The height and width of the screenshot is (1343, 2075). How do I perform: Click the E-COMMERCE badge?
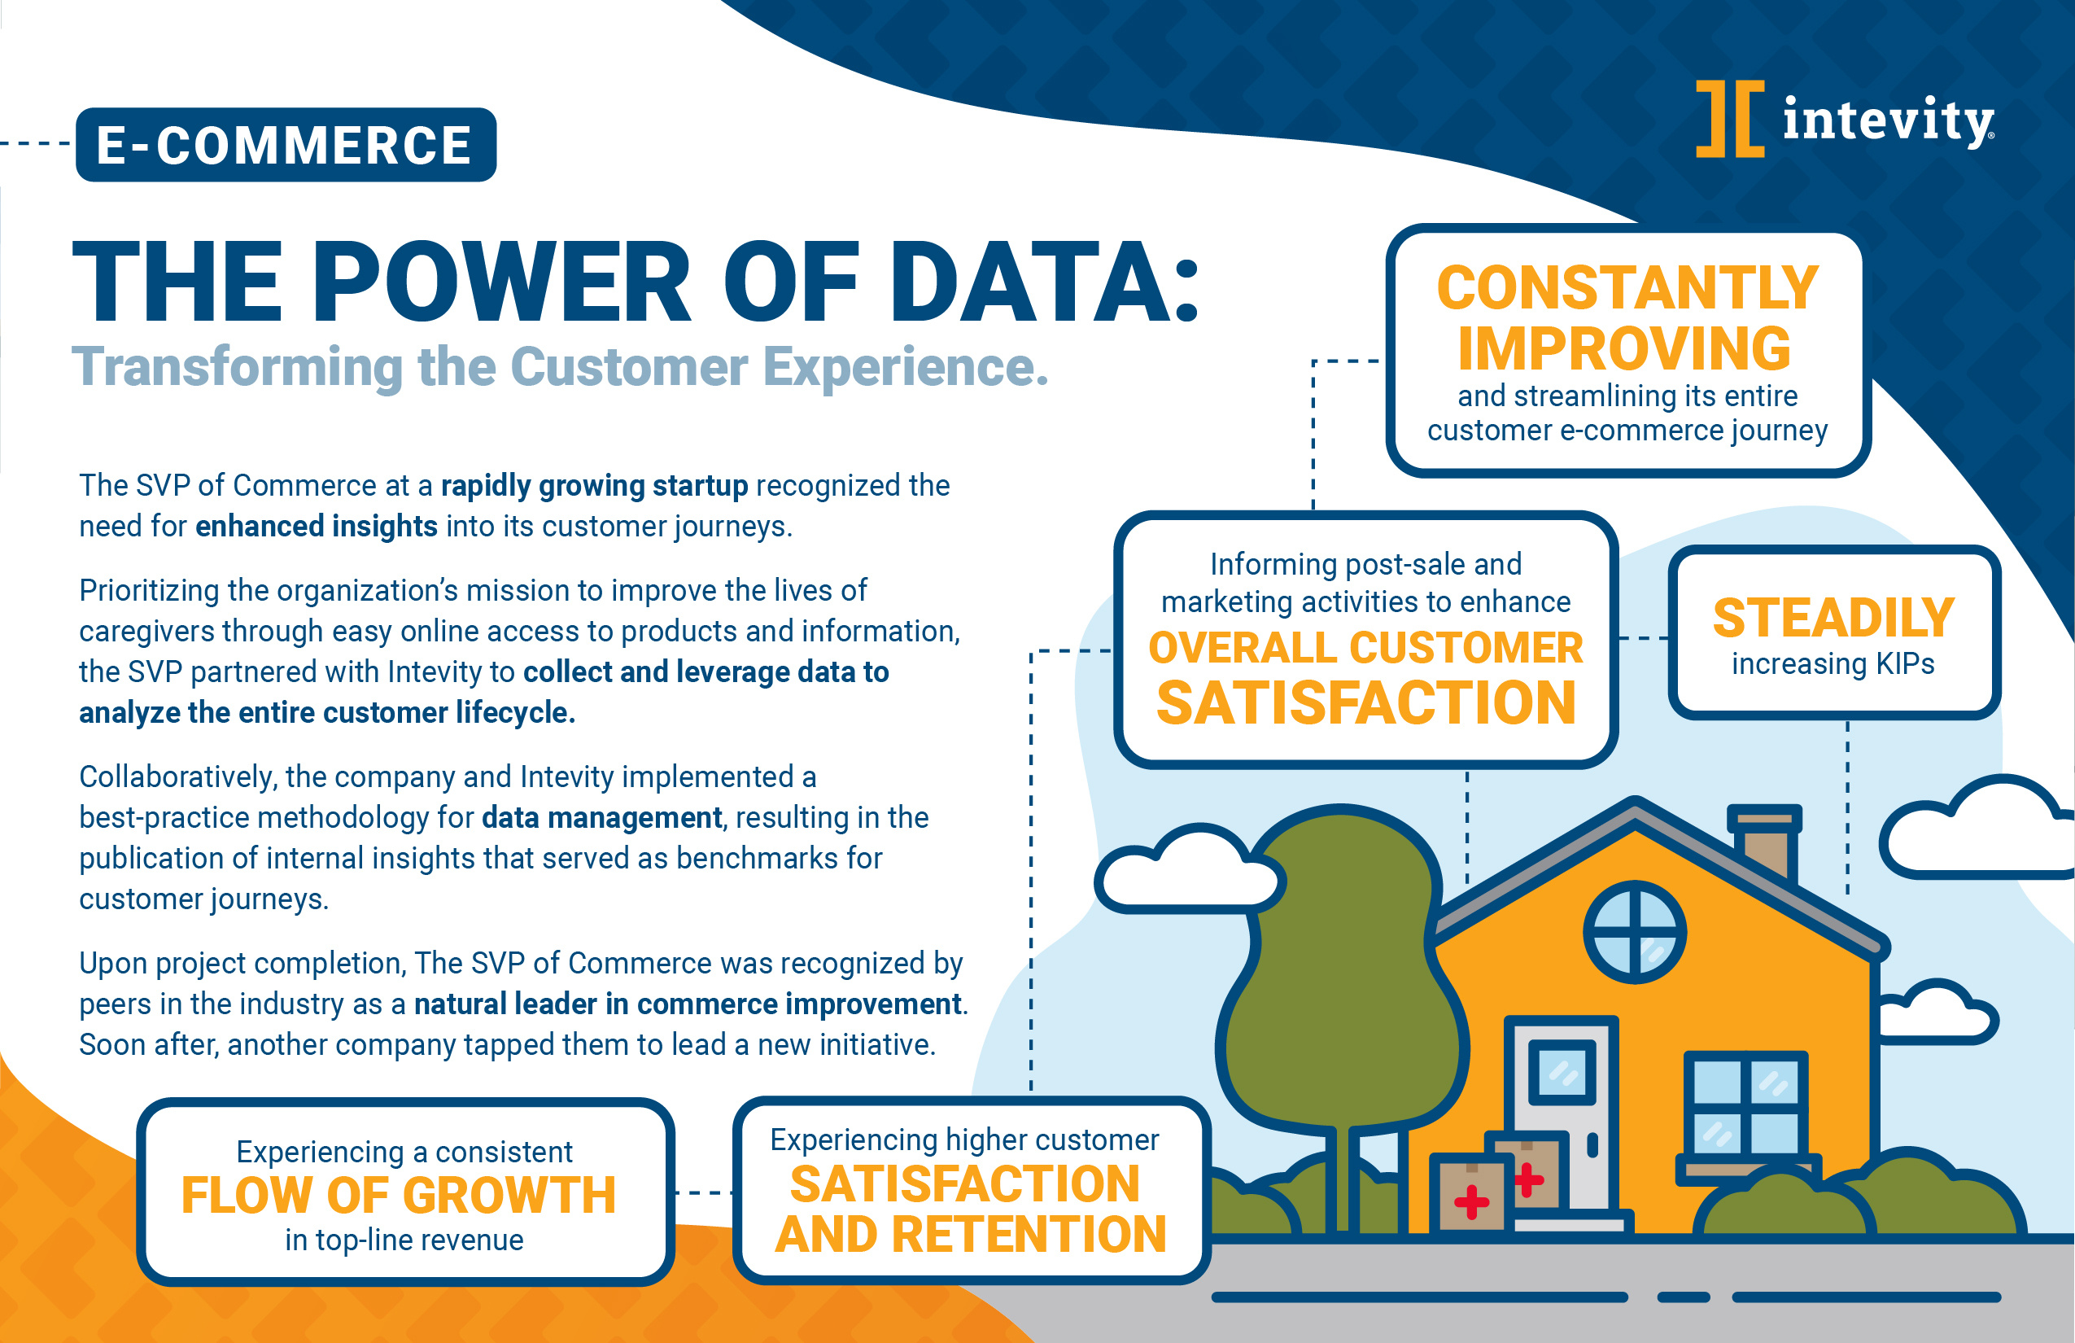[286, 145]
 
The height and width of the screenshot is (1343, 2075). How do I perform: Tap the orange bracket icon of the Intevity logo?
[1730, 119]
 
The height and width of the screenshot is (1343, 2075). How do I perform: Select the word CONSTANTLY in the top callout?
[1627, 288]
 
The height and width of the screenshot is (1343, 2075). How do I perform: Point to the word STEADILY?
[1833, 618]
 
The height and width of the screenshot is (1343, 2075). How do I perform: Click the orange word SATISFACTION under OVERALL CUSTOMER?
[1365, 703]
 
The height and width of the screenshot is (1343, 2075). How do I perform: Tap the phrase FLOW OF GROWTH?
[399, 1195]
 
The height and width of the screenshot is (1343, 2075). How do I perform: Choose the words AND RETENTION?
[970, 1234]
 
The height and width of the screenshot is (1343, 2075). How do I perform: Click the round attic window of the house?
[1635, 932]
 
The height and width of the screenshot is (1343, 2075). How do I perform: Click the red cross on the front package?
[1472, 1201]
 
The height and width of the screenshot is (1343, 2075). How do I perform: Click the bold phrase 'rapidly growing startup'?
[595, 485]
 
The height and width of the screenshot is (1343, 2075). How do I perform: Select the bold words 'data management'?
[601, 817]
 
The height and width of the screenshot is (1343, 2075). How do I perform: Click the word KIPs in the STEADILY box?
[1906, 663]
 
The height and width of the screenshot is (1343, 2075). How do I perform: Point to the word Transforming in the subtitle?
[236, 366]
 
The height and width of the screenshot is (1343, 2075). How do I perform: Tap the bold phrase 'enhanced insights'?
[317, 526]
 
